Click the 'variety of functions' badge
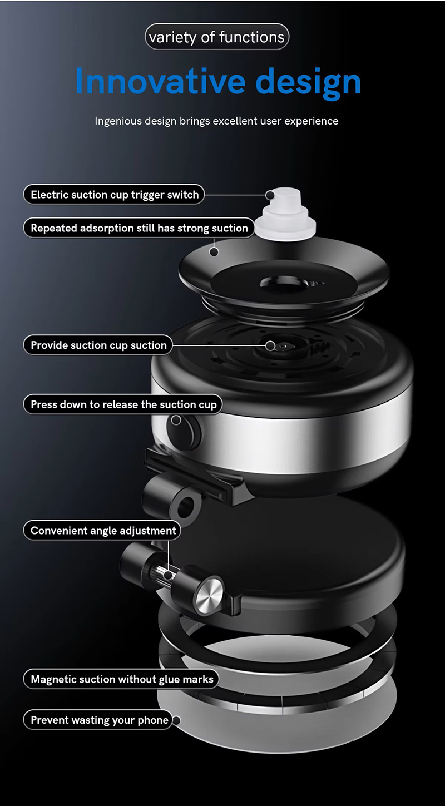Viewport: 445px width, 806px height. (x=216, y=37)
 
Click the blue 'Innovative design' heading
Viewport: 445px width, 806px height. (x=218, y=82)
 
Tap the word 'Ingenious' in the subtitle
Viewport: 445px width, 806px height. (x=118, y=121)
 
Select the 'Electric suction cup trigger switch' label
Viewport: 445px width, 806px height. (x=114, y=195)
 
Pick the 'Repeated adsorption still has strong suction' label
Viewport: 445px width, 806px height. (x=139, y=228)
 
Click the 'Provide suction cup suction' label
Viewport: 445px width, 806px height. (x=98, y=345)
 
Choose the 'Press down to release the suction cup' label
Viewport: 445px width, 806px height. (x=123, y=404)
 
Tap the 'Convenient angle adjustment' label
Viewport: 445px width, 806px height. (x=102, y=530)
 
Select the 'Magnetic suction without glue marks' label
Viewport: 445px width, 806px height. (x=122, y=679)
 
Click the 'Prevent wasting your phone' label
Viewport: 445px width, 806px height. (x=98, y=720)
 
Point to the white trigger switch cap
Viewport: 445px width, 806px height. (x=286, y=214)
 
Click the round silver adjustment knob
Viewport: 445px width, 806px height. (x=208, y=596)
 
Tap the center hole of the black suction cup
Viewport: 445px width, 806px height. (x=284, y=283)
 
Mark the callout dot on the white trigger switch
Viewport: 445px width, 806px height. (x=270, y=195)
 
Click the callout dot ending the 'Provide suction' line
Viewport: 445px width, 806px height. (x=270, y=346)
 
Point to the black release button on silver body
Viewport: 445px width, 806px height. (x=184, y=432)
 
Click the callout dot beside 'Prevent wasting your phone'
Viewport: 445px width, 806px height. (x=176, y=720)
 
